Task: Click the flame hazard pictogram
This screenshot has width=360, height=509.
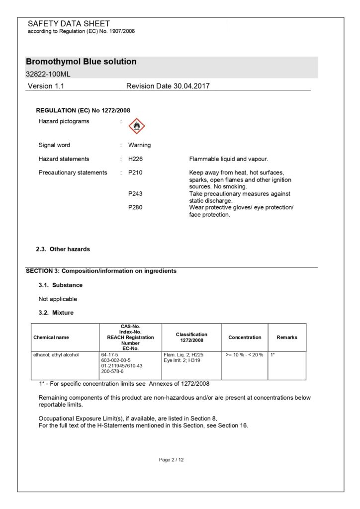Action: click(137, 126)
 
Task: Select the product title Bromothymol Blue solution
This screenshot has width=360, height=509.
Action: click(81, 62)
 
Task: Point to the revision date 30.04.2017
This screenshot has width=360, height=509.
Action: click(191, 86)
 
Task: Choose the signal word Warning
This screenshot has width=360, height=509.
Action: click(139, 145)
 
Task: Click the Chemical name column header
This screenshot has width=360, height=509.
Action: click(51, 337)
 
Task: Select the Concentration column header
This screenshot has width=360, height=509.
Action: click(245, 337)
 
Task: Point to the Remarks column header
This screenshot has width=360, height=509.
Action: click(287, 337)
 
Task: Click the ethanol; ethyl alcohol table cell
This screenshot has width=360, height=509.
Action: click(56, 355)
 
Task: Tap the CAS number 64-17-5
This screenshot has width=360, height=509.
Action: click(108, 355)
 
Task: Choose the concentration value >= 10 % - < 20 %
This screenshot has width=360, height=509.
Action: click(244, 355)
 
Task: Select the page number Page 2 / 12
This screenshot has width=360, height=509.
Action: click(172, 460)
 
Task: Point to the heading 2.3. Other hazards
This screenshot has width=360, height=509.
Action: click(63, 249)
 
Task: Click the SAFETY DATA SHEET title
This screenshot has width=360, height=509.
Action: click(69, 23)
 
